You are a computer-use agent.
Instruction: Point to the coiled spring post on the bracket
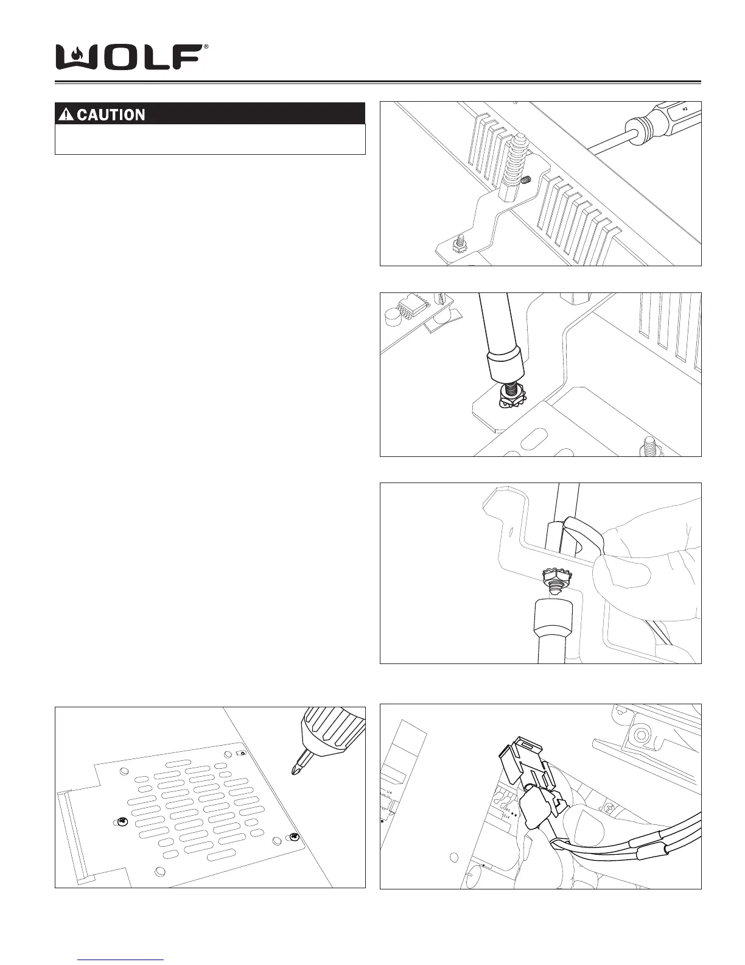tap(515, 164)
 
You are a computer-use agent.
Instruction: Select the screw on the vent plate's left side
tap(121, 822)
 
